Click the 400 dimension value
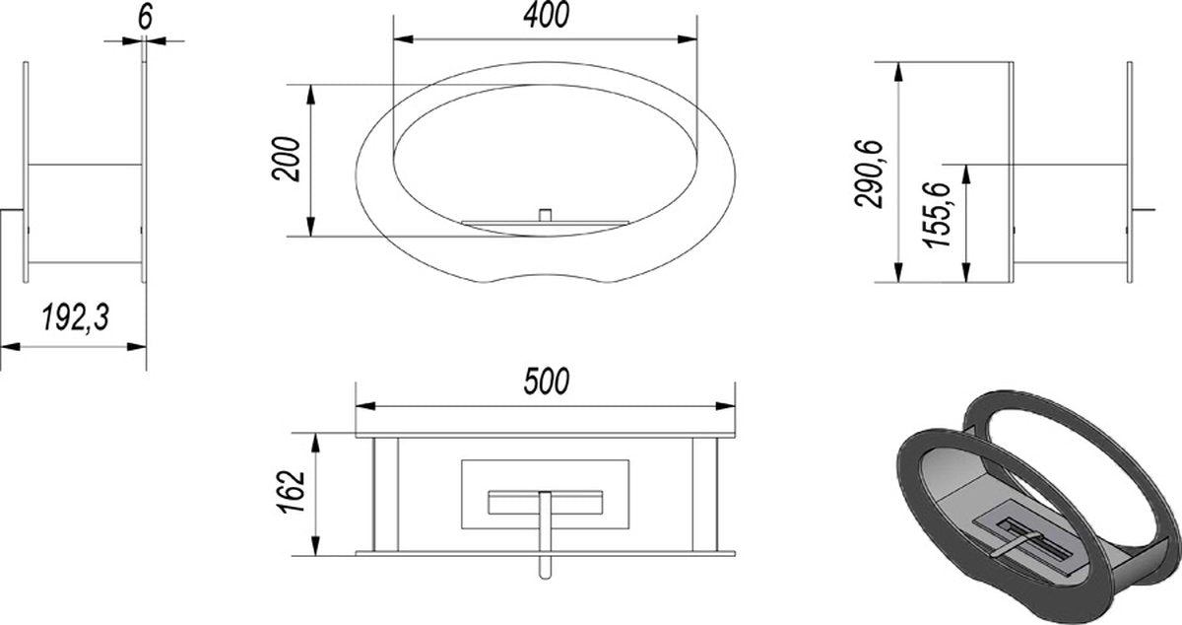[546, 15]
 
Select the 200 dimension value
[286, 159]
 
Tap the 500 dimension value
[547, 382]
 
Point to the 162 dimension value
[291, 491]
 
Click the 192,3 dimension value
[76, 318]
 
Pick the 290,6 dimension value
[869, 174]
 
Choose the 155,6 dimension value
[937, 215]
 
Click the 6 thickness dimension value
[145, 17]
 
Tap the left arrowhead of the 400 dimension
[403, 39]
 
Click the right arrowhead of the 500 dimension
[726, 406]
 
